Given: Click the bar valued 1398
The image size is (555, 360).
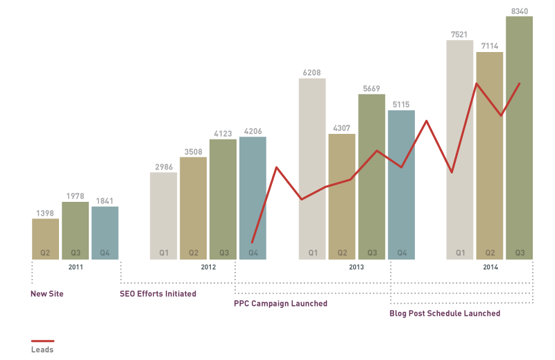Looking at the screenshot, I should (x=45, y=236).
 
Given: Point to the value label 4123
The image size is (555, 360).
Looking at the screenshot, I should (x=223, y=133).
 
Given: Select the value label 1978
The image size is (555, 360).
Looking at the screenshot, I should (x=75, y=196).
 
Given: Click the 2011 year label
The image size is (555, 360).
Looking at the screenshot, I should (x=75, y=267).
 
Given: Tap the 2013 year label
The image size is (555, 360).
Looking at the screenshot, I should (x=356, y=267).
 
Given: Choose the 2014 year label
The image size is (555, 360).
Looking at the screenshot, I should (x=490, y=267).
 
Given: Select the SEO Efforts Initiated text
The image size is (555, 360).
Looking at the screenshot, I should (x=158, y=294).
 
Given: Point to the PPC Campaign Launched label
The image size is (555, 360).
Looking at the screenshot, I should (x=280, y=304).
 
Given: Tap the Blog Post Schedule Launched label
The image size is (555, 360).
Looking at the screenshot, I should (x=445, y=314).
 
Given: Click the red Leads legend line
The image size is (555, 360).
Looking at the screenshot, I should (x=42, y=341).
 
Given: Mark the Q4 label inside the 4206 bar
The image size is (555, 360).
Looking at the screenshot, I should (x=253, y=253).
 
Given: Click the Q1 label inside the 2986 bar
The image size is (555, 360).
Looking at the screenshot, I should (x=164, y=253).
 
